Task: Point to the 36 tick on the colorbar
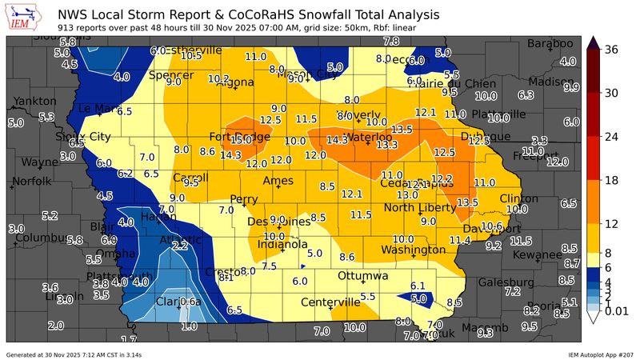point(613,49)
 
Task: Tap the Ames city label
point(278,181)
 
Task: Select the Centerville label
point(330,302)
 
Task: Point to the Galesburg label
point(506,282)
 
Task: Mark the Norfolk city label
point(31,181)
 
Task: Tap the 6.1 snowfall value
point(418,286)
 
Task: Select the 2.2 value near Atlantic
point(180,246)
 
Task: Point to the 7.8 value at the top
point(391,41)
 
